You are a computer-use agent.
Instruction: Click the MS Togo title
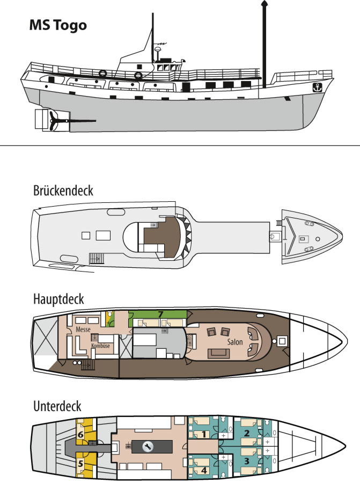(57, 25)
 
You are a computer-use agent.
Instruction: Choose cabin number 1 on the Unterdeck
(204, 434)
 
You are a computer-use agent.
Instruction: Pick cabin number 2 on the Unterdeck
(247, 433)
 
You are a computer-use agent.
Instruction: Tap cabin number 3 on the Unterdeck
(247, 460)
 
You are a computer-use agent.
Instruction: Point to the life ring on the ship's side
(138, 76)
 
